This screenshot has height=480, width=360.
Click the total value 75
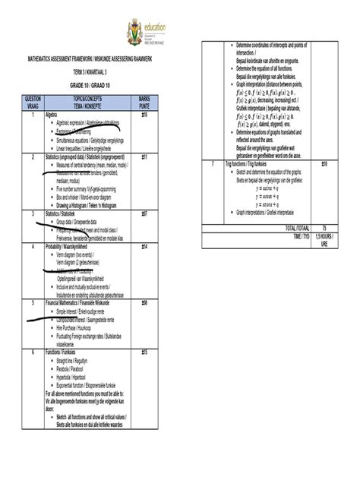click(324, 227)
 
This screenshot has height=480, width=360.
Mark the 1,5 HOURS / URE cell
click(324, 239)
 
